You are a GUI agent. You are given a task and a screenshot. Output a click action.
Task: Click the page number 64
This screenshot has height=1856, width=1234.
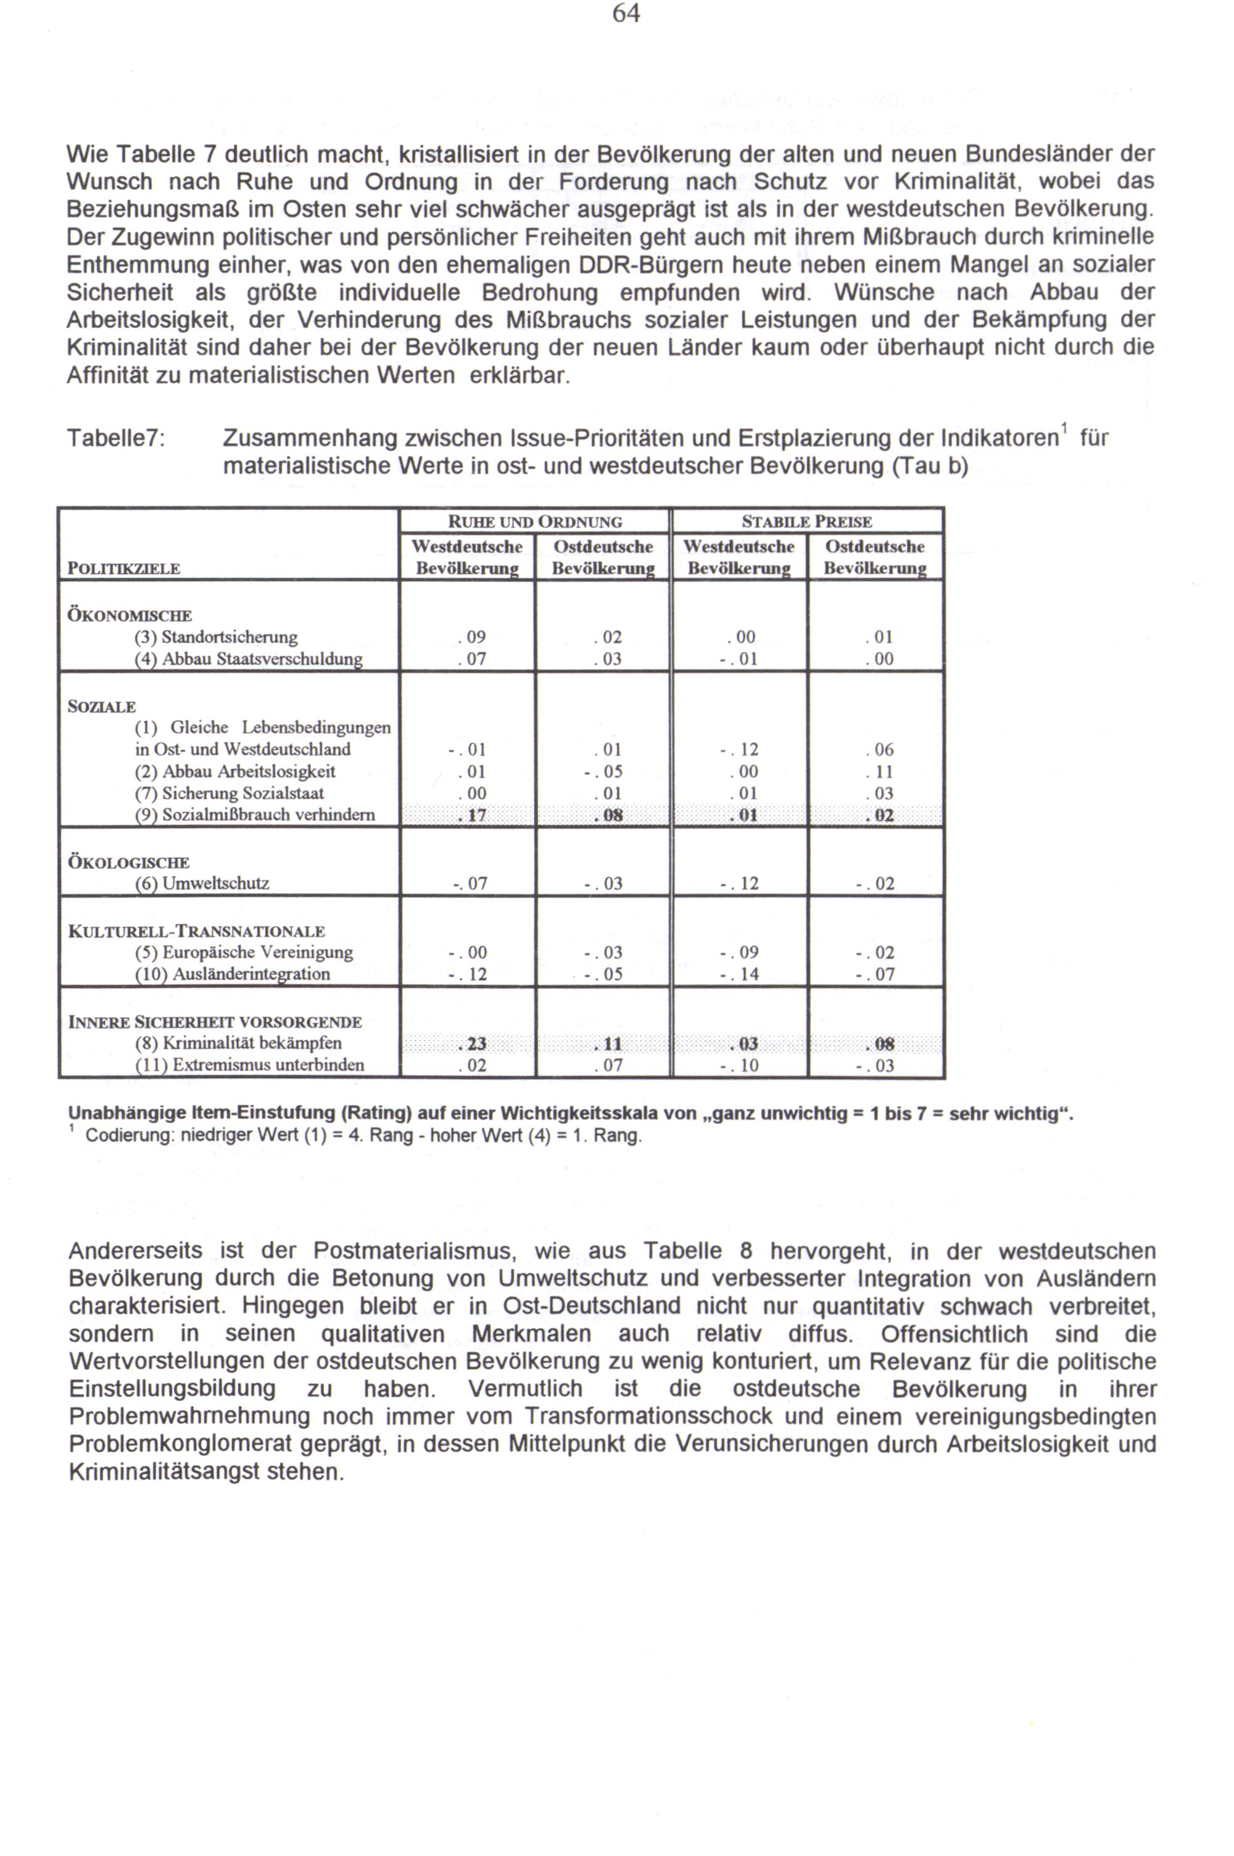click(626, 14)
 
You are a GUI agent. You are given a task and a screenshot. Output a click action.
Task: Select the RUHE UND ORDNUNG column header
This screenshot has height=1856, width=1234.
click(534, 522)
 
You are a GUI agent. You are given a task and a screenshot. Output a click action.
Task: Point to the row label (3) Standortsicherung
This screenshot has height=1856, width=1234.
click(217, 637)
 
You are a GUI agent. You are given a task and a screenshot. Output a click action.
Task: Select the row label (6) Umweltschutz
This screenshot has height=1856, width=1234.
click(202, 883)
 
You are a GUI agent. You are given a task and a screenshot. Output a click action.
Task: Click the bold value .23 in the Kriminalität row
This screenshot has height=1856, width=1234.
click(471, 1044)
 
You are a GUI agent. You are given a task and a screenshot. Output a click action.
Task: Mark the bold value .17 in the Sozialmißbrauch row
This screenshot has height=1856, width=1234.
click(471, 815)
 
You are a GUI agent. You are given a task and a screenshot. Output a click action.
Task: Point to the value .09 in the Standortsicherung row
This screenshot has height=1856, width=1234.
click(471, 637)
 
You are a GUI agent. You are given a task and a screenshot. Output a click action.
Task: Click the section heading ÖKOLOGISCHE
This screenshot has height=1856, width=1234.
click(128, 862)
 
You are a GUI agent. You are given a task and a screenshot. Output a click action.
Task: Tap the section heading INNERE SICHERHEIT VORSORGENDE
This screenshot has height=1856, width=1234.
click(215, 1022)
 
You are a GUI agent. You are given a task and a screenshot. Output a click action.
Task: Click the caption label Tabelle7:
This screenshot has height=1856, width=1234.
click(116, 438)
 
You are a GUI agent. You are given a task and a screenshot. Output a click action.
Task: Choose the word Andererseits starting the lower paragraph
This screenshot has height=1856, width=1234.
click(135, 1251)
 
